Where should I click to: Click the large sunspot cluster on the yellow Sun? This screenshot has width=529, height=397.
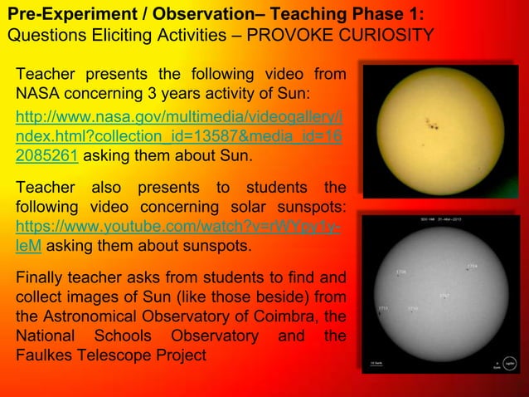(429, 125)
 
